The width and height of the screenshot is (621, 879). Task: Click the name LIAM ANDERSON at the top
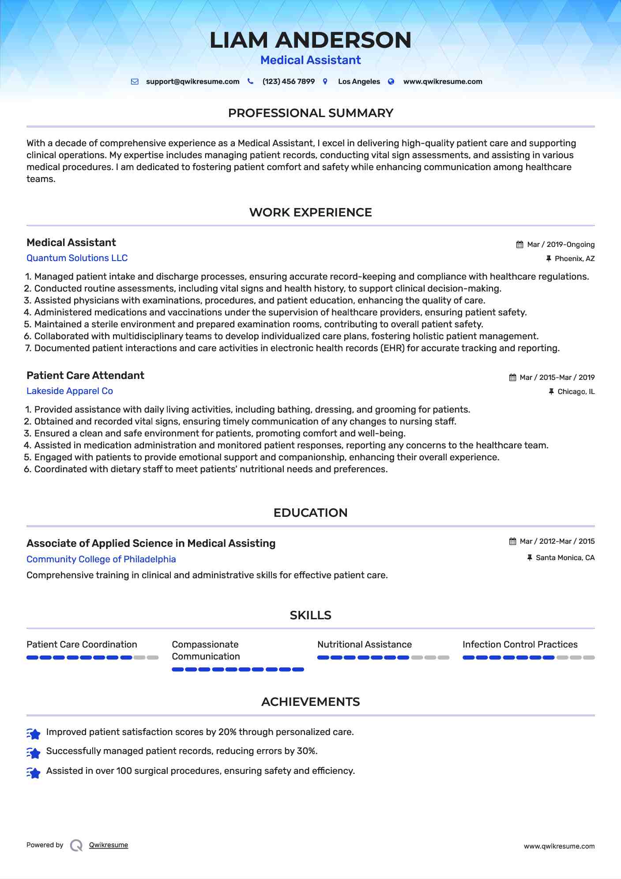coord(310,40)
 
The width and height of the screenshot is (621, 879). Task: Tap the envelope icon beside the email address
coord(135,82)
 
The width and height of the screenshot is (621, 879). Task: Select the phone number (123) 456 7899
coord(288,82)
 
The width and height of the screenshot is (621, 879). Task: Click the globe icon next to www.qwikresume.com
coord(391,82)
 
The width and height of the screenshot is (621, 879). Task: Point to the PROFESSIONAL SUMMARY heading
coord(310,113)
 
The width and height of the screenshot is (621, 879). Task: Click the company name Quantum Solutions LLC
coord(77,258)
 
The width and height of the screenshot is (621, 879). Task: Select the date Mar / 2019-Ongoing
coord(561,245)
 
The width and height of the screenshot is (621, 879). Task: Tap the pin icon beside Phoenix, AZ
coord(549,259)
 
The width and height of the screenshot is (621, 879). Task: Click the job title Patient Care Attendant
coord(85,375)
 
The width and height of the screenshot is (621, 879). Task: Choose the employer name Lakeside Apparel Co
coord(70,391)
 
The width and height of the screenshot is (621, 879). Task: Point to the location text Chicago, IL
coord(576,392)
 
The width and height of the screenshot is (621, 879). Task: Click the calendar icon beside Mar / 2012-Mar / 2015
coord(512,542)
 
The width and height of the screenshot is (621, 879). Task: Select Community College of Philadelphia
coord(101,559)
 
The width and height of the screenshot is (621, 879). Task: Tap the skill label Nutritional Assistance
coord(364,644)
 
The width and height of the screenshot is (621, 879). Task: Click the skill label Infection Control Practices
coord(519,644)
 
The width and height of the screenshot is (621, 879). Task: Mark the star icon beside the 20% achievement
coord(34,734)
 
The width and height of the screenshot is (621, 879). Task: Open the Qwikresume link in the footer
coord(109,845)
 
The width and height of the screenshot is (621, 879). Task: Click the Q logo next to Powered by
coord(76,845)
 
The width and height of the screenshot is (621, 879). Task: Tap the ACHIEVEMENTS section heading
coord(310,702)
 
